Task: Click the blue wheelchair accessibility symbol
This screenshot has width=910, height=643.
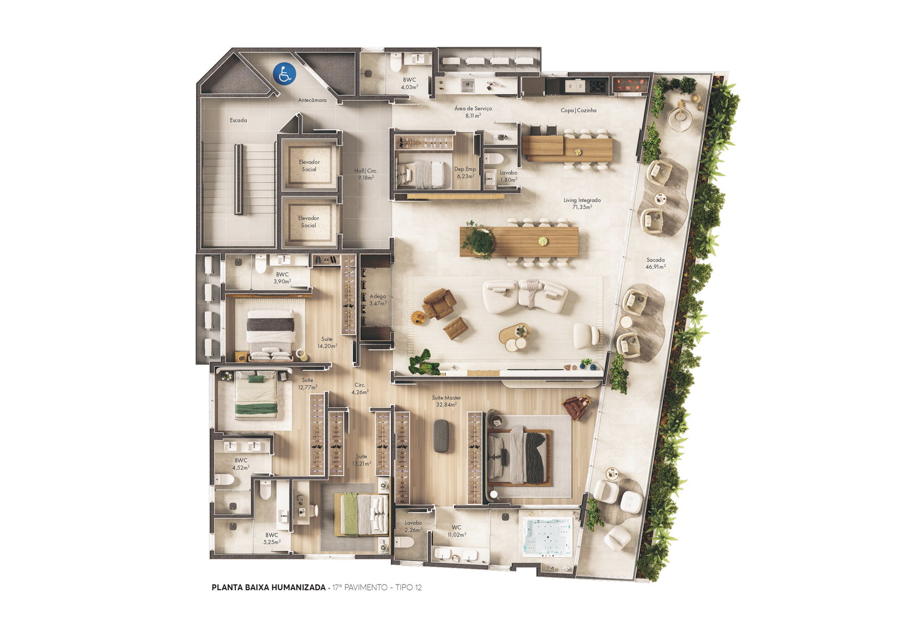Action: (284, 73)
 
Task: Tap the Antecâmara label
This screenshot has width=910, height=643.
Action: (312, 100)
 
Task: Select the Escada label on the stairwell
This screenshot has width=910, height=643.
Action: (238, 120)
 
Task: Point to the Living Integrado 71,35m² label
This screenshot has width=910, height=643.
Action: (582, 204)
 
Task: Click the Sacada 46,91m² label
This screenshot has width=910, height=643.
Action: (655, 263)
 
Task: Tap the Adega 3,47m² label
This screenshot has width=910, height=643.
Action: (378, 300)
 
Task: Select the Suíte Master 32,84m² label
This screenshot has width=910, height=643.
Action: (446, 401)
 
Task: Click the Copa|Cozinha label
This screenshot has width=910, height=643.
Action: (578, 110)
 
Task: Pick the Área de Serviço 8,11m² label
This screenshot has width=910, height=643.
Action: (473, 111)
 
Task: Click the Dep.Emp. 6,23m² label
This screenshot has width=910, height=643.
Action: (465, 173)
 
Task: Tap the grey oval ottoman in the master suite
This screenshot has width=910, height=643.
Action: (441, 436)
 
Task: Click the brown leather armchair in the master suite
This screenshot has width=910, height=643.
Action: (577, 407)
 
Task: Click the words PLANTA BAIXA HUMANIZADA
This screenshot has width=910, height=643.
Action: (268, 587)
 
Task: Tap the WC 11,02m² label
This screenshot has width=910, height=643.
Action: (457, 532)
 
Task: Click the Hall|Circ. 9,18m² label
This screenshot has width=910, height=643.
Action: (366, 174)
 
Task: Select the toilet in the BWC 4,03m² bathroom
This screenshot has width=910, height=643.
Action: (396, 62)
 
